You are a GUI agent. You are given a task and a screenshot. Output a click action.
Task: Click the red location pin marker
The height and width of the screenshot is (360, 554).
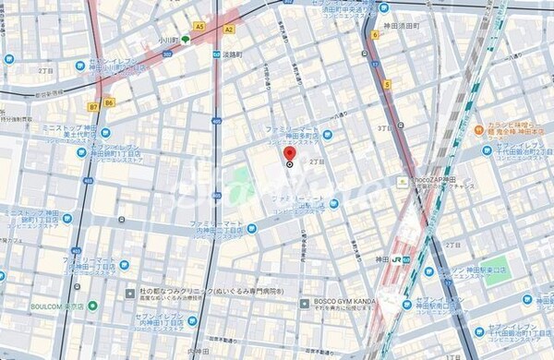click(x=289, y=153)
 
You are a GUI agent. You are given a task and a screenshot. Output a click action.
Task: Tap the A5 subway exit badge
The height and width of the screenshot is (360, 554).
click(x=199, y=28)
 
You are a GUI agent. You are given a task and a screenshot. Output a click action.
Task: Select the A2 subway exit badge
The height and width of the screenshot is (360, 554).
click(x=228, y=29)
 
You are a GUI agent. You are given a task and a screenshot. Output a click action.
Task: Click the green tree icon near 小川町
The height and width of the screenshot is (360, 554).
click(x=187, y=40)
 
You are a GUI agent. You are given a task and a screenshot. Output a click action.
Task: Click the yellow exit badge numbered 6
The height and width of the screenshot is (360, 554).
click(x=375, y=34)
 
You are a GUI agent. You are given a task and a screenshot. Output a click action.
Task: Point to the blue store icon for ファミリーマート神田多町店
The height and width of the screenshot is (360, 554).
click(x=328, y=135)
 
